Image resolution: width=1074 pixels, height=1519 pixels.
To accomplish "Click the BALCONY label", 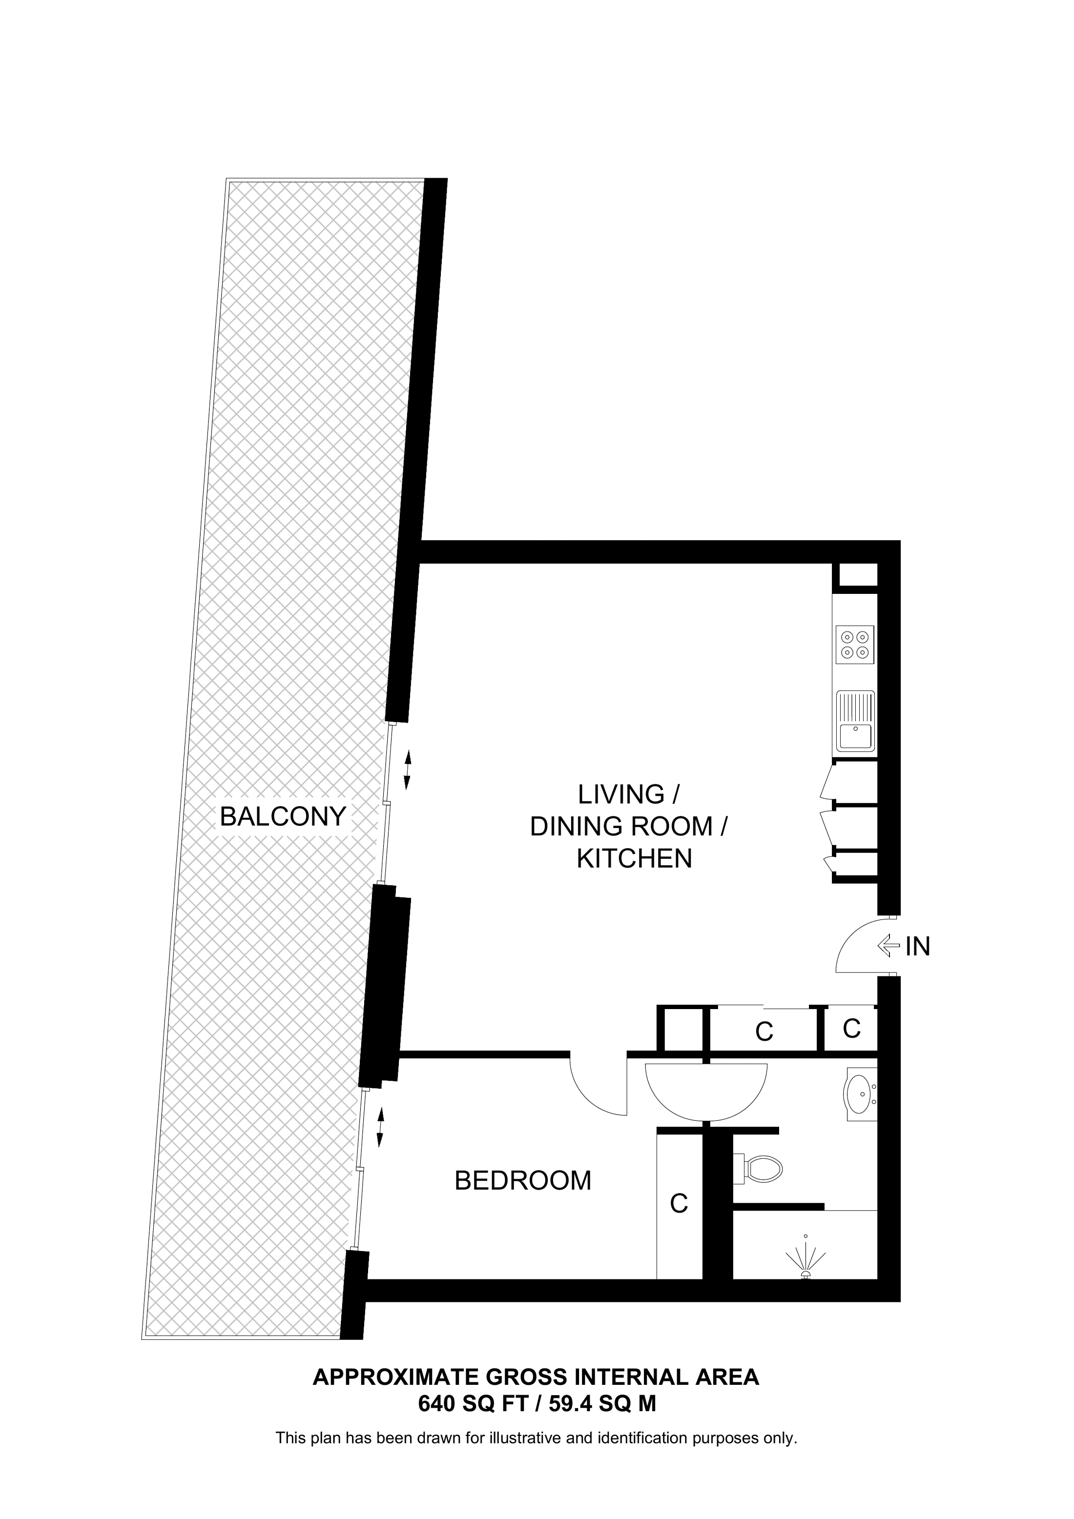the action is point(283,816).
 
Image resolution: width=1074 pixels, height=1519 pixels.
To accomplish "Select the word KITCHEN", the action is point(634,859).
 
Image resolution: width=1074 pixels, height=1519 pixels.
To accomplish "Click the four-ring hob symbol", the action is point(854,645).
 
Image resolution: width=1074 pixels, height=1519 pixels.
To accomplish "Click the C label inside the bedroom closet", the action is point(679,1203).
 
